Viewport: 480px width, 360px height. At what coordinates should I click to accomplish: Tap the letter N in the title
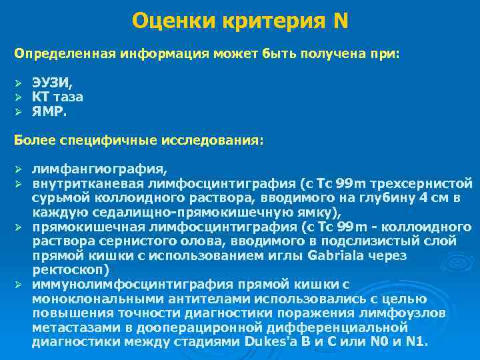coord(340,21)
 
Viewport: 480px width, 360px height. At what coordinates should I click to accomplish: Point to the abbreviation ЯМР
coord(50,112)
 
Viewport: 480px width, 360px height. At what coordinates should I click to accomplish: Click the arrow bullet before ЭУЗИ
coord(19,83)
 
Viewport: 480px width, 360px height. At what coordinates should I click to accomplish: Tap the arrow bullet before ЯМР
coord(19,112)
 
